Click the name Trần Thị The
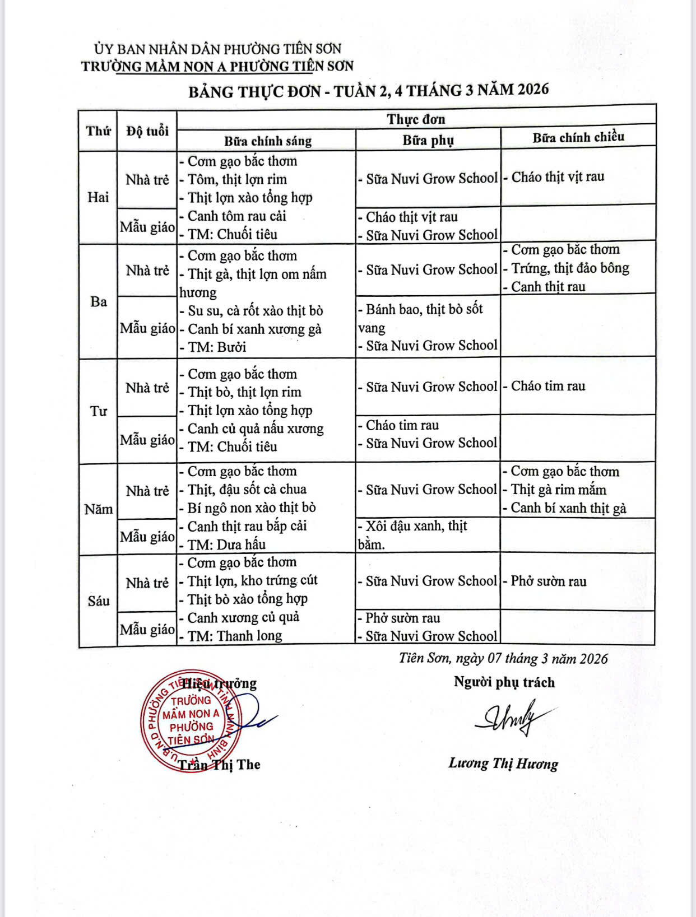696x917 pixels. pos(219,765)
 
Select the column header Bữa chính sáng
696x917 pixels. pos(267,141)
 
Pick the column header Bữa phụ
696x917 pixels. pos(428,140)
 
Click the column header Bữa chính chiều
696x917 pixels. pos(578,137)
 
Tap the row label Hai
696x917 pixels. pos(98,197)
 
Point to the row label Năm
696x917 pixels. pos(98,509)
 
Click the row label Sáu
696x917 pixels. pos(98,601)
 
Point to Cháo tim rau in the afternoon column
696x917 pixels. pos(547,386)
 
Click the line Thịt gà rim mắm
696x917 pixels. pos(558,490)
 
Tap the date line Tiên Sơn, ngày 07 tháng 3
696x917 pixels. pos(503,658)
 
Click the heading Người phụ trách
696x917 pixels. pos(504,682)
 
